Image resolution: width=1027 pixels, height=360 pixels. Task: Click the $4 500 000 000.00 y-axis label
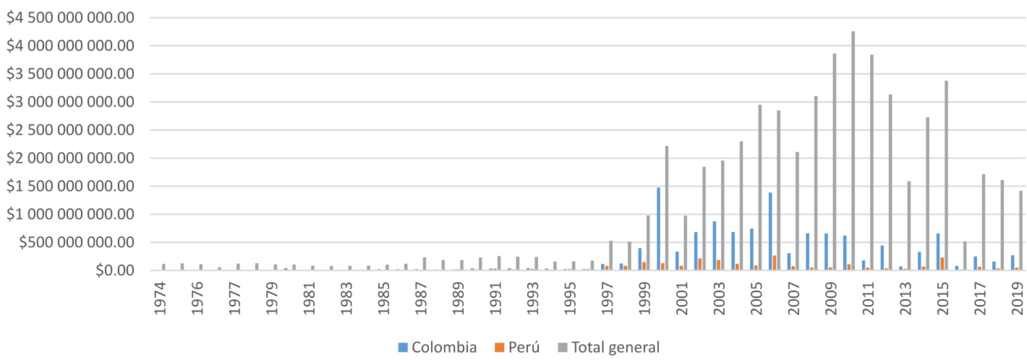click(70, 18)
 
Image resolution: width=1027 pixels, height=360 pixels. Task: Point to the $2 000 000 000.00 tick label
click(70, 158)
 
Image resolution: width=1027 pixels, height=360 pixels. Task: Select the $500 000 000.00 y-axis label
click(76, 243)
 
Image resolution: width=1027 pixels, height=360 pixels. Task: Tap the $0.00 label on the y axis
click(115, 270)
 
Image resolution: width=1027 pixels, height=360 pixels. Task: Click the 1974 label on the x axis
click(160, 298)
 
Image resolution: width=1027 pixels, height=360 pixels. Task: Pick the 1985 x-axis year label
click(384, 298)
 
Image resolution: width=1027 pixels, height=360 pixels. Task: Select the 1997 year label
click(607, 298)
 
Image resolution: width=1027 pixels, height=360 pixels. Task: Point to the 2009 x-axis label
click(831, 298)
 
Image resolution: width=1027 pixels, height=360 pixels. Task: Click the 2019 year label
click(1018, 298)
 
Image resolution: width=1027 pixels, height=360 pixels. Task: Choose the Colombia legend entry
click(437, 347)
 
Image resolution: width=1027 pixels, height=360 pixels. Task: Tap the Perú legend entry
click(517, 347)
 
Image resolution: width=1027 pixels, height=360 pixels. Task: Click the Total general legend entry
click(609, 347)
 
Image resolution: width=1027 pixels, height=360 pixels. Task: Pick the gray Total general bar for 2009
click(834, 162)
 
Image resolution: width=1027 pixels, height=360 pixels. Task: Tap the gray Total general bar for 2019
click(1021, 231)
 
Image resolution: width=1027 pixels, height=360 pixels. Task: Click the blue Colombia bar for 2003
click(715, 246)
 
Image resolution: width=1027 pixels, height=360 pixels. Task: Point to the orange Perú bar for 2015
click(943, 264)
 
